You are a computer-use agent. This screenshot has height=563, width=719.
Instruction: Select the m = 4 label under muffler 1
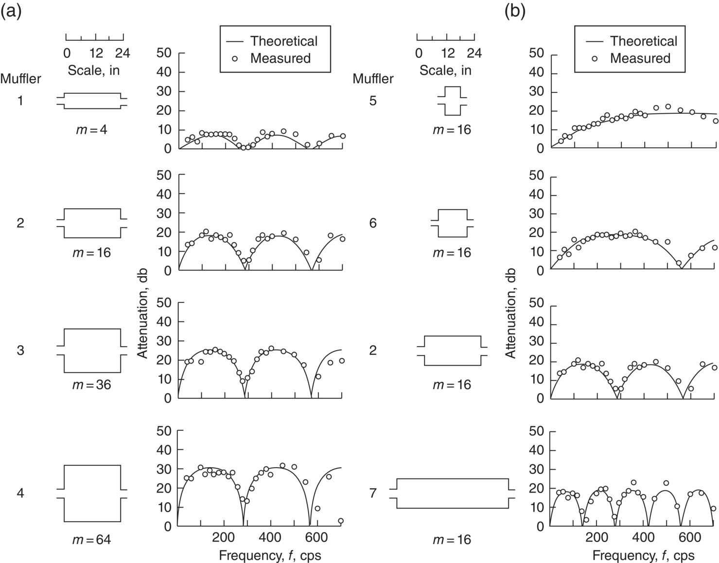pos(91,130)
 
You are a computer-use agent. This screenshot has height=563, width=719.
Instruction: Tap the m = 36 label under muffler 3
pos(91,385)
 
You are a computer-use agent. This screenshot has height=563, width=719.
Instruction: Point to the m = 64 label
pos(91,539)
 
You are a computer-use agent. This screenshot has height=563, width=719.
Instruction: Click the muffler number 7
pos(373,493)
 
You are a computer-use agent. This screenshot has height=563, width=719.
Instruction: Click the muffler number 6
pos(373,223)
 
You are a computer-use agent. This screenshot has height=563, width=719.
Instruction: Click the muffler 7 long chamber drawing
pos(453,493)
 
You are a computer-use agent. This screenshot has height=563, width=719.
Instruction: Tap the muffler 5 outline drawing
pos(453,101)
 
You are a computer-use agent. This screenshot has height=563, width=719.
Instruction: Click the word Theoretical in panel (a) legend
pos(284,41)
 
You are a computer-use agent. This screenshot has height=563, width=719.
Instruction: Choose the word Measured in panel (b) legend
pos(640,58)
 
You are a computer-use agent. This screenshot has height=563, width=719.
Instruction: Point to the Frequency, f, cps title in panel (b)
pos(644,555)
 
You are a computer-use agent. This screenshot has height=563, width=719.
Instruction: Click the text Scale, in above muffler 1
pos(94,70)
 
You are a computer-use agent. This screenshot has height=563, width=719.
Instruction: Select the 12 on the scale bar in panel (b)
pos(446,53)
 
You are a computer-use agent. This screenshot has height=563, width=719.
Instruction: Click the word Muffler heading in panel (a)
pos(21,78)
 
